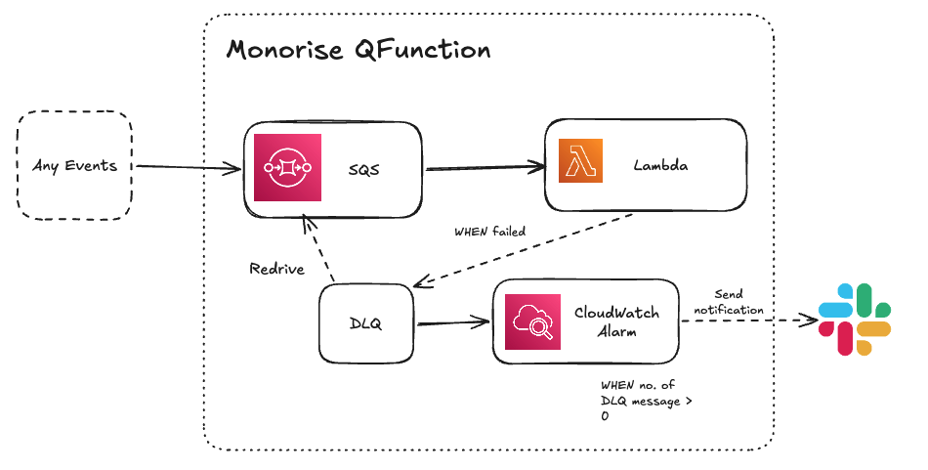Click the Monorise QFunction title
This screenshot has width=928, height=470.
pos(359,49)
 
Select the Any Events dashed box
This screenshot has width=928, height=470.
pos(74,165)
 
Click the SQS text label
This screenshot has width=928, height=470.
pos(362,169)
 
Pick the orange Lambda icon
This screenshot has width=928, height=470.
pos(580,161)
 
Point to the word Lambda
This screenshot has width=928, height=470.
pos(660,165)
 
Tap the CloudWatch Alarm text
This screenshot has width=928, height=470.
pos(615,321)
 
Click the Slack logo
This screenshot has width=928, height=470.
pos(856,319)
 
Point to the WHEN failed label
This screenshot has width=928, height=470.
pos(489,233)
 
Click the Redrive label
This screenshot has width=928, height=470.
pos(276,269)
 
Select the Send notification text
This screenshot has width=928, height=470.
pos(729,302)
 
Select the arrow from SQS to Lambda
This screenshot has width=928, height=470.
pos(484,170)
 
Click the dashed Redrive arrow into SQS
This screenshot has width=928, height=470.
pos(319,252)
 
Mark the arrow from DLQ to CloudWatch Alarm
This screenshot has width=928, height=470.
pos(451,322)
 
